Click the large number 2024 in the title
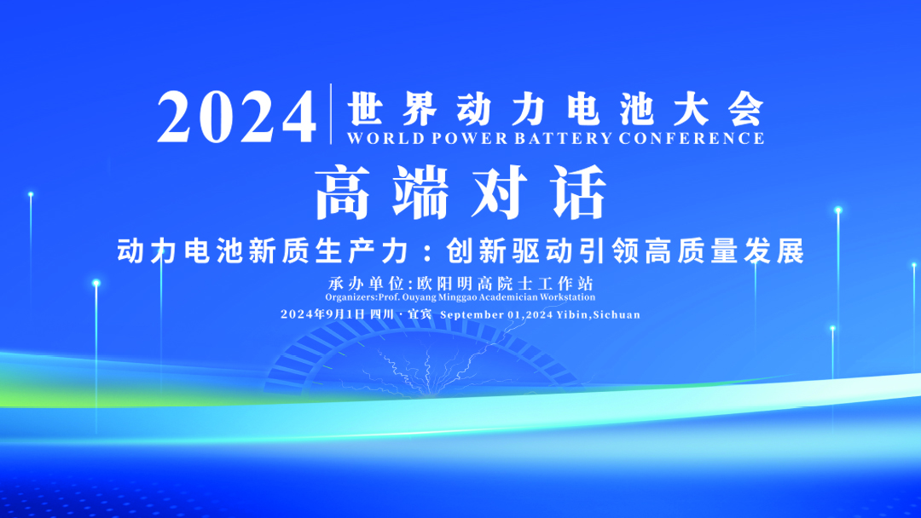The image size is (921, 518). tap(236, 118)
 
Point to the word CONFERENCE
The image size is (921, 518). tap(692, 139)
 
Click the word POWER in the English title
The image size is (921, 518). tap(470, 139)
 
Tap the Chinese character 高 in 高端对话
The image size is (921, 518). tap(343, 193)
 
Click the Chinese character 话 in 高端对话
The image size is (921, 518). tap(578, 193)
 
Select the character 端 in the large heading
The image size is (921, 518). tap(420, 193)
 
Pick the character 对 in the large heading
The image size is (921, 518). tap(499, 193)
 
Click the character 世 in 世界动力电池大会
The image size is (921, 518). tap(365, 108)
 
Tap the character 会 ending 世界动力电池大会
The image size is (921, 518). tap(746, 108)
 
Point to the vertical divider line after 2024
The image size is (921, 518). tap(331, 114)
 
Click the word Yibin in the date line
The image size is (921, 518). tap(573, 315)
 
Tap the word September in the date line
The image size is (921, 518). tap(472, 315)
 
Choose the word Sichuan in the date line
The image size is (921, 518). tap(617, 315)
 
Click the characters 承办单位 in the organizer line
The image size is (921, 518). tap(365, 284)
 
